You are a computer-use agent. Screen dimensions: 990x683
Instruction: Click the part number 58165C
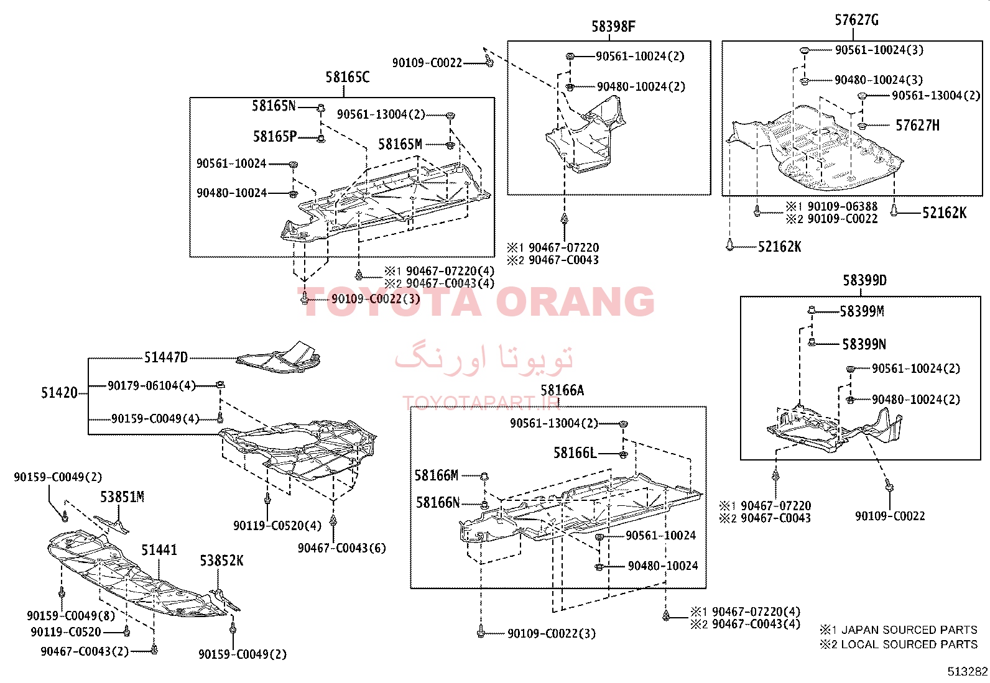click(348, 77)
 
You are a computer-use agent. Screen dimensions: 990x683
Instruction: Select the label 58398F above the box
click(613, 27)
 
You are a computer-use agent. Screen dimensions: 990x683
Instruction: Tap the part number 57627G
click(856, 20)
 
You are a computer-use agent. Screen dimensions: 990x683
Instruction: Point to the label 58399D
click(864, 280)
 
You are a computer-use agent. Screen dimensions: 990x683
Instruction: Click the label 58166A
click(562, 390)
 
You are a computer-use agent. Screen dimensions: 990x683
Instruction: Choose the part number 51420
click(59, 393)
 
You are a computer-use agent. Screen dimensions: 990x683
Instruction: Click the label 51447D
click(166, 357)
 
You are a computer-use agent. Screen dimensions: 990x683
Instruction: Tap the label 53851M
click(122, 497)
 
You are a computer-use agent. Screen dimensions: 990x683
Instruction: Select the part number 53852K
click(221, 561)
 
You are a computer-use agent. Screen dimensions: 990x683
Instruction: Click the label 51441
click(159, 550)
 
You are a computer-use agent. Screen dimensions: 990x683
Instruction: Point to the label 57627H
click(917, 126)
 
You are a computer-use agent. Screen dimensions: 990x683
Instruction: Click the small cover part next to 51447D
click(278, 357)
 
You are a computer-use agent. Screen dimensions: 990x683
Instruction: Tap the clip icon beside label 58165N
click(321, 108)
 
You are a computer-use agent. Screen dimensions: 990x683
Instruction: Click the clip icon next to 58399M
click(811, 310)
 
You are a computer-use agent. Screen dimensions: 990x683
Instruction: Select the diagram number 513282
click(968, 672)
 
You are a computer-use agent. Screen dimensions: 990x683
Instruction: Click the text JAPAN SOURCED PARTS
click(909, 630)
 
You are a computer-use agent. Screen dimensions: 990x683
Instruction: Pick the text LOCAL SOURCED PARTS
click(909, 644)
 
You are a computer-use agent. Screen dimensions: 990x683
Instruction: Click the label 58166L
click(575, 453)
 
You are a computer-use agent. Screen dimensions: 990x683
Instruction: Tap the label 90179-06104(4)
click(152, 386)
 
